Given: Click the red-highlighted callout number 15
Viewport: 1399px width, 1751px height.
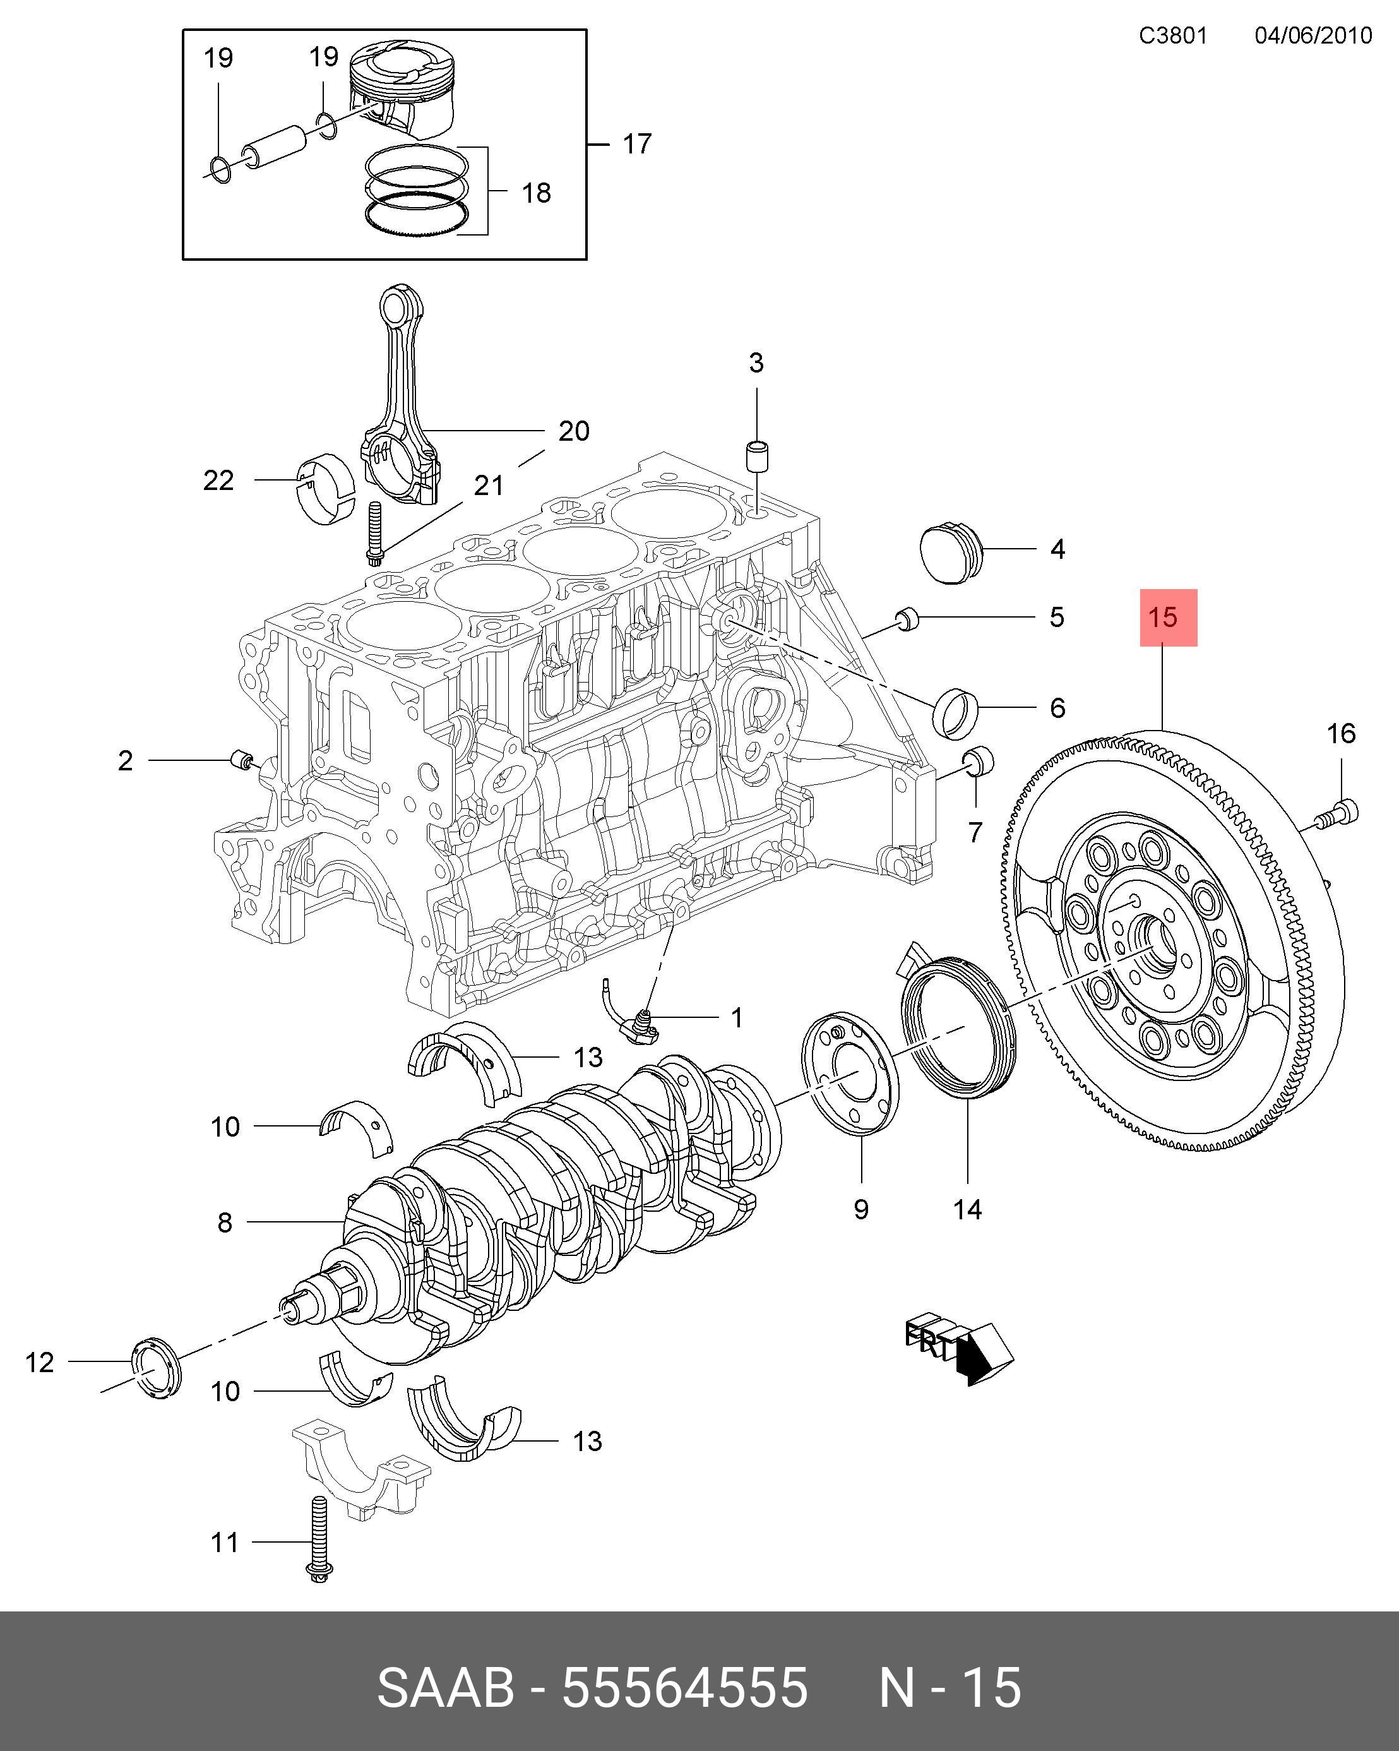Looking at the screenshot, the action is (x=1163, y=617).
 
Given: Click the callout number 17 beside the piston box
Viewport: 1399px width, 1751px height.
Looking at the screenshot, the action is (x=638, y=144).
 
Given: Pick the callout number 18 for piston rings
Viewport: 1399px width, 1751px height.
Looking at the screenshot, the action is (x=536, y=193).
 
